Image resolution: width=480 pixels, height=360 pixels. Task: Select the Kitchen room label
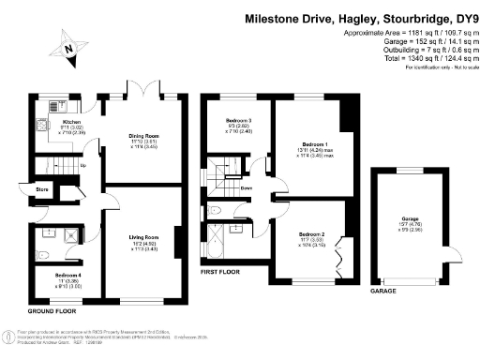click(72, 123)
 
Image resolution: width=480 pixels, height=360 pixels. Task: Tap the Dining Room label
click(143, 136)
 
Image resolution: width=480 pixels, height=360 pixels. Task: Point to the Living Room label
click(143, 237)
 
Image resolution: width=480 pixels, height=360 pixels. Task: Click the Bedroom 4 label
click(57, 274)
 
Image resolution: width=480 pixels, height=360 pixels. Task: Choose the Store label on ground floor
click(41, 188)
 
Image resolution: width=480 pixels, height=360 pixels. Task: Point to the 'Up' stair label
click(84, 166)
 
